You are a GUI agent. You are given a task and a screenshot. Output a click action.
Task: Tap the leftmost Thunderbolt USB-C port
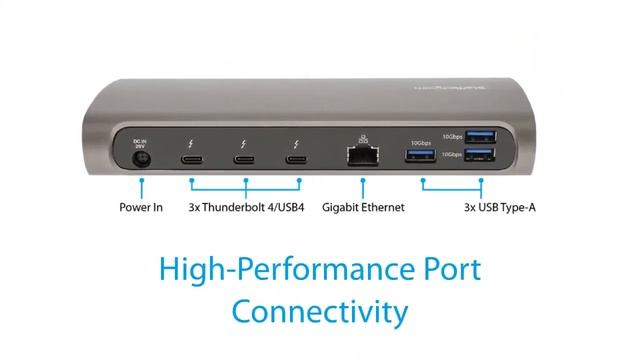coord(190,159)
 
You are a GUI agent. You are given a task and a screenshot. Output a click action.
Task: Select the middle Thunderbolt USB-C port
coord(242,159)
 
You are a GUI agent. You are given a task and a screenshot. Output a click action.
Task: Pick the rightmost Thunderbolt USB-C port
coord(295,159)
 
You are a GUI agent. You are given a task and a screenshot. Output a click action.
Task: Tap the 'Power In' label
coord(141,208)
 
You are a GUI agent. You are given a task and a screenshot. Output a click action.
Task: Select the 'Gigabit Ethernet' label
coord(363,208)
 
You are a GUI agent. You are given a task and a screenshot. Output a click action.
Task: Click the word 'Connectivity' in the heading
coord(320,311)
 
